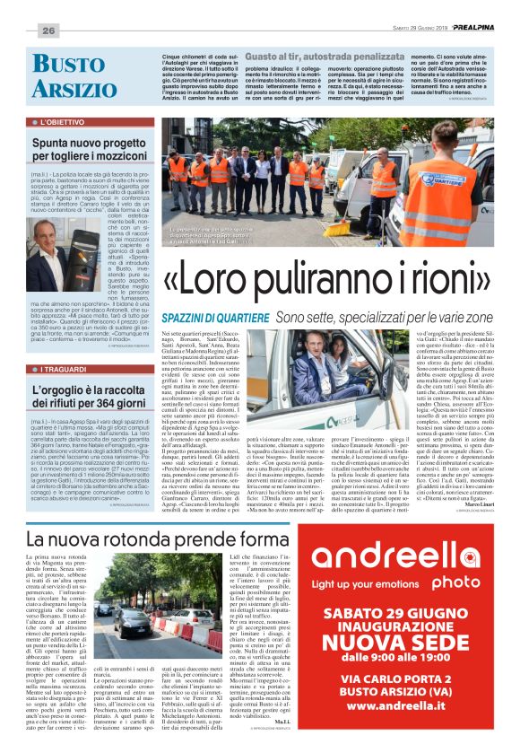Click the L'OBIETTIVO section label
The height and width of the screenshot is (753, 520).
[64, 120]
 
